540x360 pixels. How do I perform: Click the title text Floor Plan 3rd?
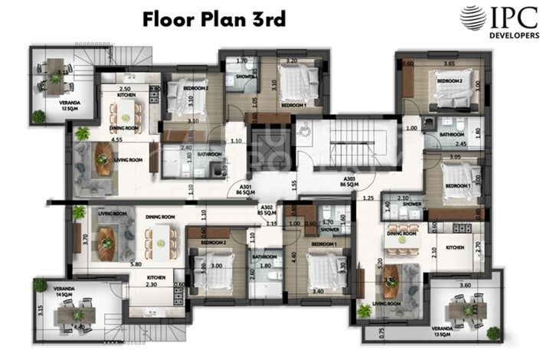[214, 19]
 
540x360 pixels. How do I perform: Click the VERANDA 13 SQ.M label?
[463, 332]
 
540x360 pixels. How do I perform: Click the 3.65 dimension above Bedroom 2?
[450, 64]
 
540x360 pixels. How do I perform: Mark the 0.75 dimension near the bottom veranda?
[382, 332]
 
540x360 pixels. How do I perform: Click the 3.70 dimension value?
[86, 239]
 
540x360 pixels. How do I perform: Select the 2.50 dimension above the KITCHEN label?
[125, 90]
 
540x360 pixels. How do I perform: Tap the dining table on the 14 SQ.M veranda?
[77, 313]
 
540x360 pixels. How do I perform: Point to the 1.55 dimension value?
[294, 184]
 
